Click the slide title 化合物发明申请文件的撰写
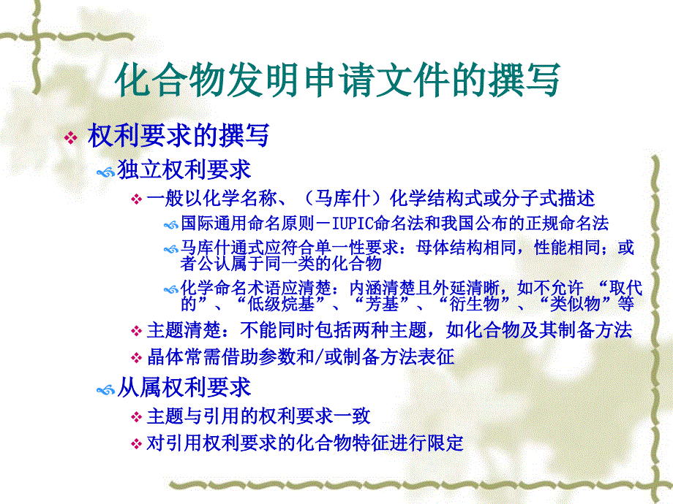(337, 80)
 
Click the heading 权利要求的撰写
(178, 135)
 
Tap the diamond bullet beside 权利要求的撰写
(70, 137)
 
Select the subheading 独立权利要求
(184, 169)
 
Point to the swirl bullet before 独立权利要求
(105, 172)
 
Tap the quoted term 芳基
(382, 304)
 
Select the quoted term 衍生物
(474, 304)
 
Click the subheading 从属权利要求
(184, 387)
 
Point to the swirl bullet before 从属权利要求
(105, 390)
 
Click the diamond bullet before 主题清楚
(137, 331)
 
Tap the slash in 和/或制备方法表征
(319, 357)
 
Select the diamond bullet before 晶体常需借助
(137, 357)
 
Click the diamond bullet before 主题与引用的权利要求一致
(137, 416)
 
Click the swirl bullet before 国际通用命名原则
(171, 225)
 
